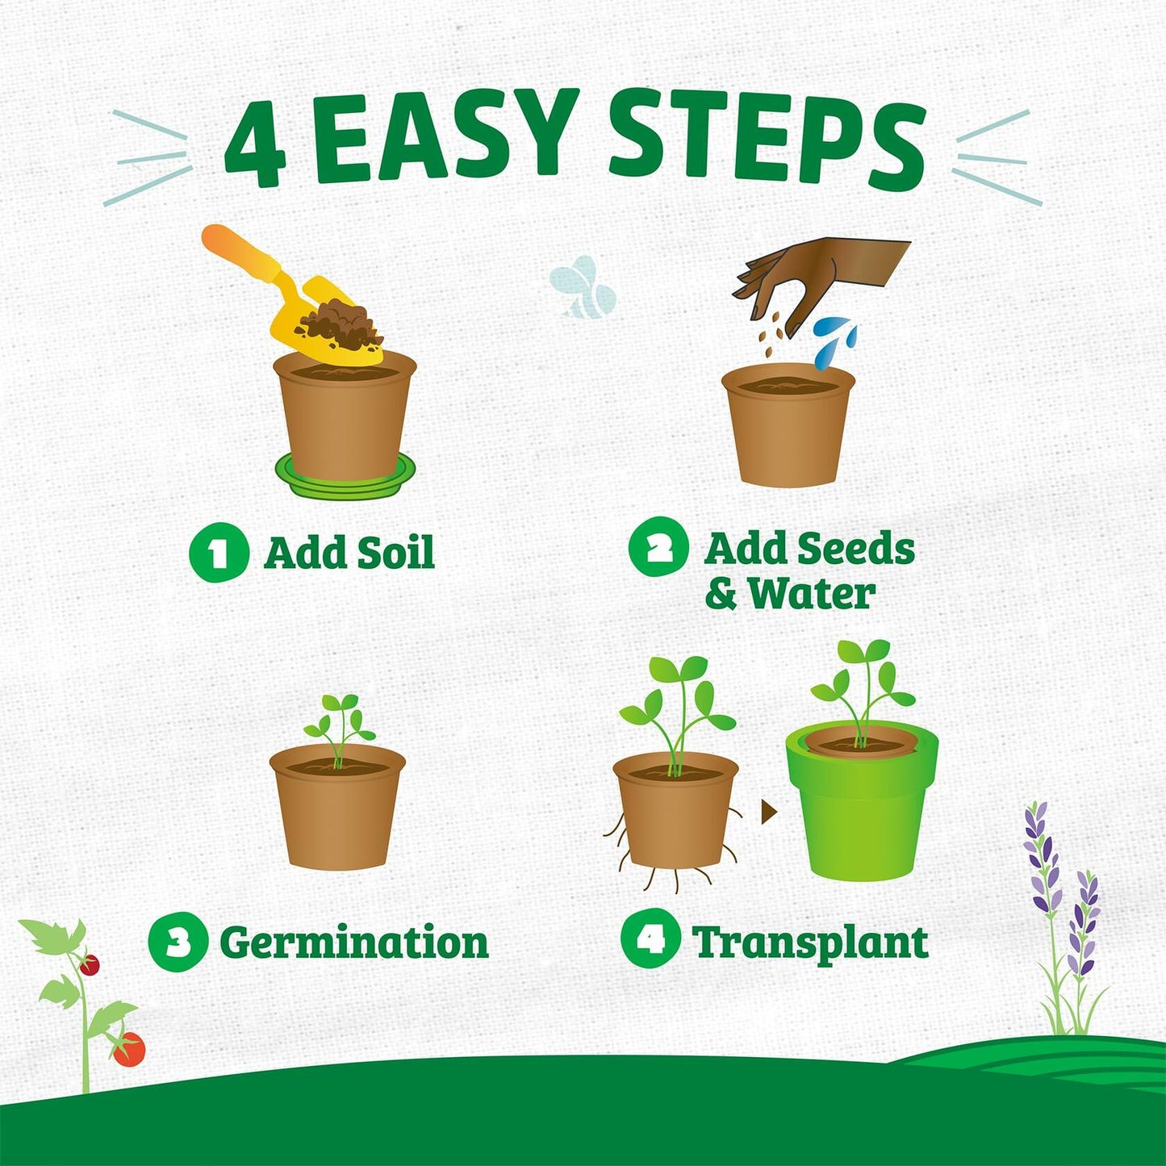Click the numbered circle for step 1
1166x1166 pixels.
pyautogui.click(x=219, y=554)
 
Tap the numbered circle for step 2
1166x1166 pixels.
pyautogui.click(x=658, y=547)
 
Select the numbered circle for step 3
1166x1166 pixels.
pyautogui.click(x=178, y=942)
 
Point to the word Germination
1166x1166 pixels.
pyautogui.click(x=354, y=942)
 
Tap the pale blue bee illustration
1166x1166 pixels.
pyautogui.click(x=583, y=287)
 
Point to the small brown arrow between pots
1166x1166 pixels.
pyautogui.click(x=768, y=811)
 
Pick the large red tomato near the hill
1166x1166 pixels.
pyautogui.click(x=129, y=1049)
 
